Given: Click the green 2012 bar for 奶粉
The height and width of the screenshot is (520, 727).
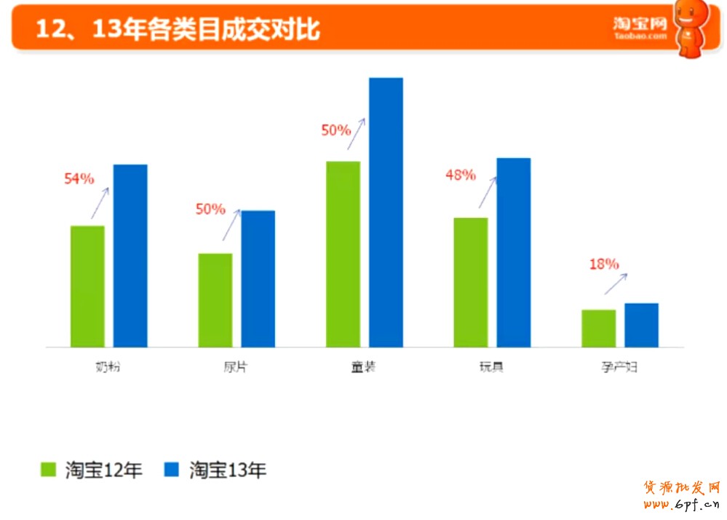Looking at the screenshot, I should point(87,286).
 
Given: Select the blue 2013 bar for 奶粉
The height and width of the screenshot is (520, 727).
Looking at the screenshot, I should point(130,256).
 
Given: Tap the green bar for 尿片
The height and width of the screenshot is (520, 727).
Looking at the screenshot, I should point(215,300).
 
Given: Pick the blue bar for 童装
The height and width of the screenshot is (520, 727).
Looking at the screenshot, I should point(386,212).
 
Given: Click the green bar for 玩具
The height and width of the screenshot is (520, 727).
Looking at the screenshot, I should point(470,282).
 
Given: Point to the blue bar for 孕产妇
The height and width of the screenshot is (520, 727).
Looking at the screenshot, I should point(641,325).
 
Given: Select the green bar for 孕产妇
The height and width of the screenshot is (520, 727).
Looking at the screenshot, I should point(598,328).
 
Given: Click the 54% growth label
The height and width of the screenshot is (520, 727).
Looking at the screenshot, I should point(79,179).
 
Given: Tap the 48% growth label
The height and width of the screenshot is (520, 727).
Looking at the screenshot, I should point(460,175).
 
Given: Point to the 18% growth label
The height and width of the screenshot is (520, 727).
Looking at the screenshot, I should point(603,264).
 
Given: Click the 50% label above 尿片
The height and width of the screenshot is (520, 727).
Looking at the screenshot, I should point(210,210).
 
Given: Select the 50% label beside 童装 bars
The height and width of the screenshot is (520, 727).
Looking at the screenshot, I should point(335,130).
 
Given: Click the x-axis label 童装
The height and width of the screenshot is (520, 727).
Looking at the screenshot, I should point(363,367).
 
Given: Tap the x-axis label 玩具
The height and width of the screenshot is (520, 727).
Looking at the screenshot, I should point(491,367).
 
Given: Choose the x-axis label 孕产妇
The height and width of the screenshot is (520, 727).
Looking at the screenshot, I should point(619,367).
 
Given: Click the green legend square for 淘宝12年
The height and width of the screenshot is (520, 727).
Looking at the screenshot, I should point(49,470).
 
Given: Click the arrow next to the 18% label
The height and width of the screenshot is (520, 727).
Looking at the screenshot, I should point(616,283).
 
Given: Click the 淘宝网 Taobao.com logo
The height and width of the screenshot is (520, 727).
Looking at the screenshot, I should point(640,28).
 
